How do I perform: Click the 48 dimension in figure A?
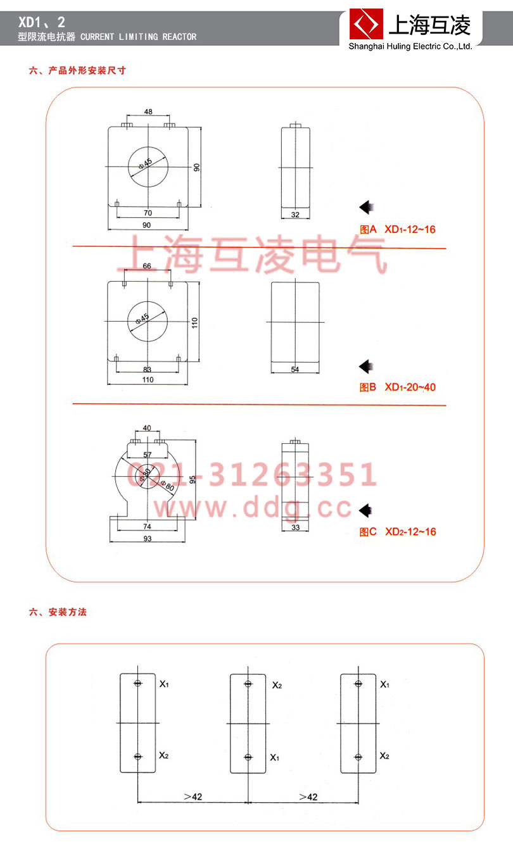pos(148,111)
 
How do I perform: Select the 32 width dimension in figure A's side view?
pos(295,215)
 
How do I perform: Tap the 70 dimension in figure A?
pos(148,213)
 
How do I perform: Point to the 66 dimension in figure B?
pos(147,267)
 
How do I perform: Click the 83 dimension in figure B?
pos(148,369)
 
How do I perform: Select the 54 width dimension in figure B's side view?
pos(295,369)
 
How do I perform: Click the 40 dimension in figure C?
pos(147,429)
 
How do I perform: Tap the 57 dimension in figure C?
pos(147,455)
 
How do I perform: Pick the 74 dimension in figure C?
pos(147,527)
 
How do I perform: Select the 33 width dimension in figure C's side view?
pos(295,527)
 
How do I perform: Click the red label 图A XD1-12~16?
pos(397,229)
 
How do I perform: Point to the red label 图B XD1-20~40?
pos(397,387)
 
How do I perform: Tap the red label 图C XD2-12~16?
pos(397,532)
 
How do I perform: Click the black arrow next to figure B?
pos(365,366)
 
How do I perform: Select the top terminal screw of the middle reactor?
pos(248,683)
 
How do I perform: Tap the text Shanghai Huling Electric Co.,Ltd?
pos(410,46)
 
